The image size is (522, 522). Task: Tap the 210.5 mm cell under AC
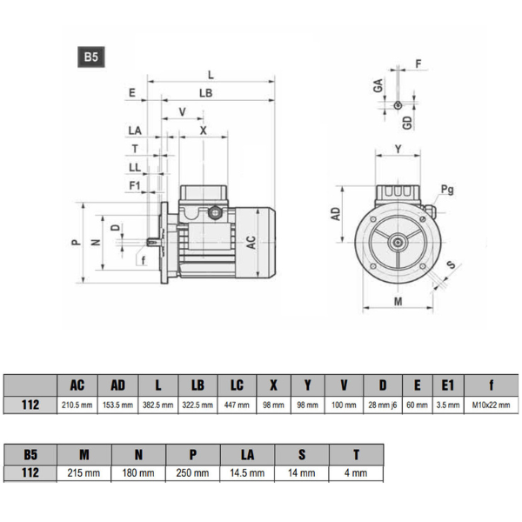pos(77,405)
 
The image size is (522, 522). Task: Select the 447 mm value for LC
pos(238,405)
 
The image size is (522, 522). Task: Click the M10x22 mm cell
pos(492,405)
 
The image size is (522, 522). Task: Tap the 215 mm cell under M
pos(84,473)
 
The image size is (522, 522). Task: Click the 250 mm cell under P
pos(192,473)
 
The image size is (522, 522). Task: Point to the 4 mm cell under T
pos(355,473)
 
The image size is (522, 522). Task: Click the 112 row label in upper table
pos(30,405)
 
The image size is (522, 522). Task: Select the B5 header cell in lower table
pos(30,453)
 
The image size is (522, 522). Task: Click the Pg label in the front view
pos(447,190)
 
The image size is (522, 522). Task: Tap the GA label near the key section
pos(378,85)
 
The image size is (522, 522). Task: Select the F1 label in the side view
pos(135,185)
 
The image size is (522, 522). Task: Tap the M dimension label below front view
pos(398,301)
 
